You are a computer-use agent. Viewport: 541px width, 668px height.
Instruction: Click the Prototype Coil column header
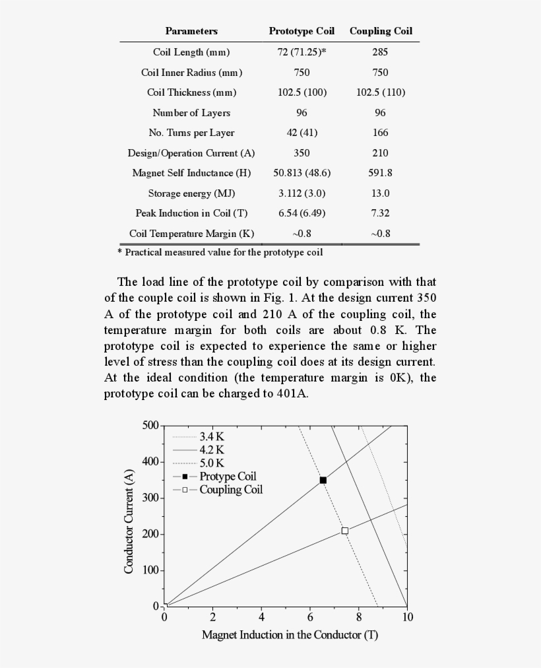pos(302,31)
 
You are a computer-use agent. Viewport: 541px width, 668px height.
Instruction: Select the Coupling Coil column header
pos(381,31)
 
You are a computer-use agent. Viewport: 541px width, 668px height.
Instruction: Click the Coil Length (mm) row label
pos(191,52)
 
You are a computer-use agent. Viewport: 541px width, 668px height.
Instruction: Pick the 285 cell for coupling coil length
pos(380,52)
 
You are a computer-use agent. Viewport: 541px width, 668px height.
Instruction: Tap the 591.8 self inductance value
pos(380,173)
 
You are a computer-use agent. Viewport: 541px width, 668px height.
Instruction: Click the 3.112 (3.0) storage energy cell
pos(302,193)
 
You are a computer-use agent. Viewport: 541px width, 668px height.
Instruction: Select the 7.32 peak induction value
pos(380,213)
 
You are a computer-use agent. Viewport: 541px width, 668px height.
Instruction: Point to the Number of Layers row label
pos(191,113)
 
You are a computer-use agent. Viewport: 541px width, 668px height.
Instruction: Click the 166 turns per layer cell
pos(380,133)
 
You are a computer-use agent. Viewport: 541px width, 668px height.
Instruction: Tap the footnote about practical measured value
pos(220,252)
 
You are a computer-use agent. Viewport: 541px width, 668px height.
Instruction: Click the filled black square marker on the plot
pos(323,480)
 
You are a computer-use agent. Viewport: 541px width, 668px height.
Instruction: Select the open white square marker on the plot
pos(344,531)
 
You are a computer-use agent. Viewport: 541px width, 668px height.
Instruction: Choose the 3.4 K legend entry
pos(212,436)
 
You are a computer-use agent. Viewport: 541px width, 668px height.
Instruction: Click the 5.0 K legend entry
pos(212,463)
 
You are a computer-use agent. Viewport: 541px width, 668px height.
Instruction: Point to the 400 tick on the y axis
pos(150,461)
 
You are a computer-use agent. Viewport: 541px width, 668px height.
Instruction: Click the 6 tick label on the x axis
pos(310,617)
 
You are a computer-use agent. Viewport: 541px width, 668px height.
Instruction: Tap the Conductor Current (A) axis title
pos(129,521)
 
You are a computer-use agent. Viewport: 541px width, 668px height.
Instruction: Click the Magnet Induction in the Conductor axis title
pos(290,635)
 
